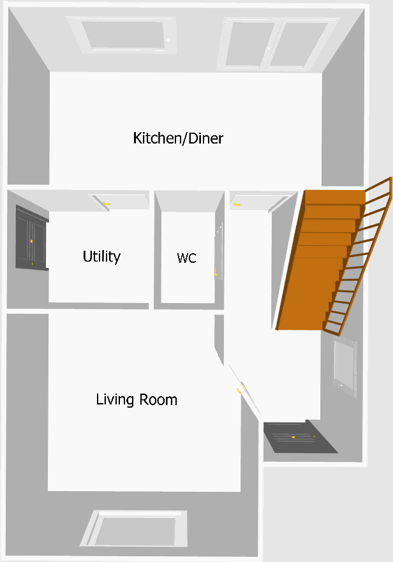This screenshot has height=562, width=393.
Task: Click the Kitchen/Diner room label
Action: [178, 138]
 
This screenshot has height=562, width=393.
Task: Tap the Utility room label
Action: [101, 256]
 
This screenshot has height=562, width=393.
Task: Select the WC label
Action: [186, 258]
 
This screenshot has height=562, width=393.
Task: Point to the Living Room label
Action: [137, 400]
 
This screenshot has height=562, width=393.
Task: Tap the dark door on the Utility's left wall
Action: [31, 237]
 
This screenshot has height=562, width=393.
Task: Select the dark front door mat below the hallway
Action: [299, 438]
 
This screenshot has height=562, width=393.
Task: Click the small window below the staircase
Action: [345, 369]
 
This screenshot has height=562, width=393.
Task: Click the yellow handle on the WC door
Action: [216, 273]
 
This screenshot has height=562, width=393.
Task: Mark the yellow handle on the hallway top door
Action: [237, 205]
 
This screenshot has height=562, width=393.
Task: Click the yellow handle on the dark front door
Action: [293, 437]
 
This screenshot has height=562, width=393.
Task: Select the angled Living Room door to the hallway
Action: [246, 389]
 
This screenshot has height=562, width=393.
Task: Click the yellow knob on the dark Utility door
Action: [31, 241]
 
